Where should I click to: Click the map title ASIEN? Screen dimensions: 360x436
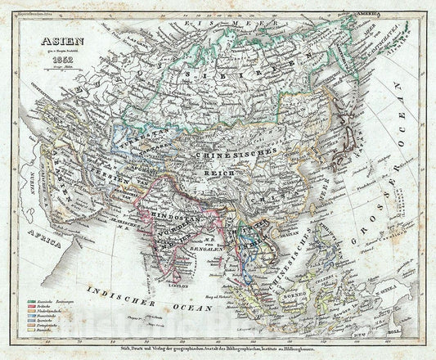pos(46,47)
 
